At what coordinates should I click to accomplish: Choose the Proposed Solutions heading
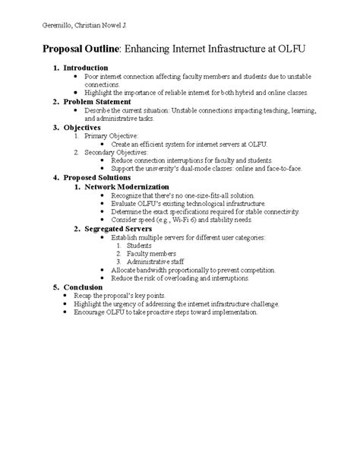tap(99, 177)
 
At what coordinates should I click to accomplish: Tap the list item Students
tap(138, 245)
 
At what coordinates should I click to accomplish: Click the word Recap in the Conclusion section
tap(96, 295)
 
